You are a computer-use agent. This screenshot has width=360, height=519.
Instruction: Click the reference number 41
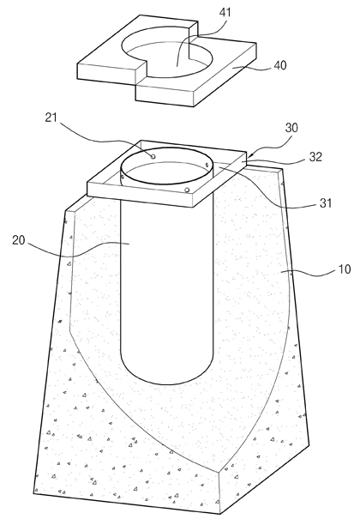coord(225,12)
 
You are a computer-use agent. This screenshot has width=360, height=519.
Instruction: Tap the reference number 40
coord(280,65)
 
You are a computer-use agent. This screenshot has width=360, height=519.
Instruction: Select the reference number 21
coord(51,118)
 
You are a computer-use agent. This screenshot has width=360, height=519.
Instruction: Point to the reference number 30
coord(291,128)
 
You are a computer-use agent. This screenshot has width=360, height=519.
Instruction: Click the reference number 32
coord(315,157)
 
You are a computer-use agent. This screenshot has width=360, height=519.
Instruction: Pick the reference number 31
coord(326,203)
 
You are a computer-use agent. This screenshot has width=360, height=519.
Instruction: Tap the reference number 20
coord(19,240)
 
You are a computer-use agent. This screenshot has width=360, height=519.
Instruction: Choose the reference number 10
coord(345,269)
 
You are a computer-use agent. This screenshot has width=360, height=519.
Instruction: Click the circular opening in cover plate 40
coord(168,53)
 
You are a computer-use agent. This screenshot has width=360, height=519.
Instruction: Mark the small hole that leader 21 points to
coord(153,157)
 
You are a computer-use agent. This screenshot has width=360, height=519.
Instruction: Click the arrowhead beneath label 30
coord(249,154)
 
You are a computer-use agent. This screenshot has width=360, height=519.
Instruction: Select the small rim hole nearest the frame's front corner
coord(187,190)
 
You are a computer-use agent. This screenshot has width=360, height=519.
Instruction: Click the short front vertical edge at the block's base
coord(219,493)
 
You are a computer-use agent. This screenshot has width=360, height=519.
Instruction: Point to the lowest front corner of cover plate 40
coord(194,106)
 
